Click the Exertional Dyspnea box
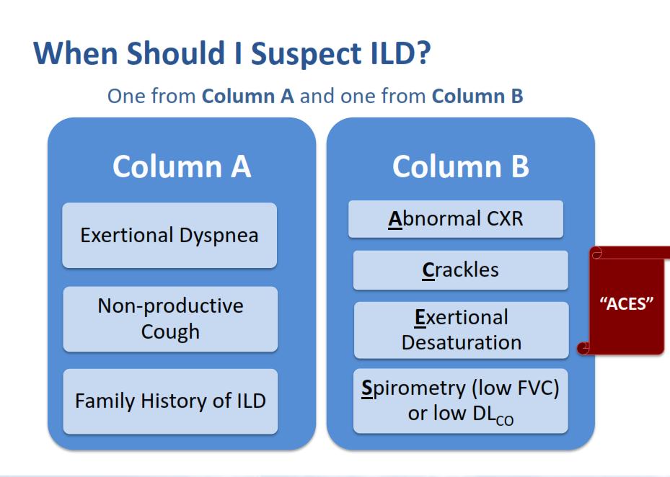tap(169, 236)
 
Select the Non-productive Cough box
tap(170, 319)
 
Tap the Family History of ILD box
tap(170, 401)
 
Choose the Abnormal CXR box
tap(456, 218)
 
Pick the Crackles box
tap(461, 270)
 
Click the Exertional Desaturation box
tap(462, 330)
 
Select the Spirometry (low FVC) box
tap(461, 401)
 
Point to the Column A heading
tap(182, 166)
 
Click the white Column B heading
tap(461, 166)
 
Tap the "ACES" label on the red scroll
tap(627, 303)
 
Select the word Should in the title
tap(176, 53)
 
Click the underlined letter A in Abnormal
tap(394, 219)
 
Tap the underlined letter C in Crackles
tap(428, 270)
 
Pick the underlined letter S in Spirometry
tap(367, 388)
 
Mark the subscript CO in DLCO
tap(505, 421)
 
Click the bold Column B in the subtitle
tap(477, 96)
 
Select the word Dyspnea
tap(219, 236)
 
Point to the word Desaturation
tap(462, 342)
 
